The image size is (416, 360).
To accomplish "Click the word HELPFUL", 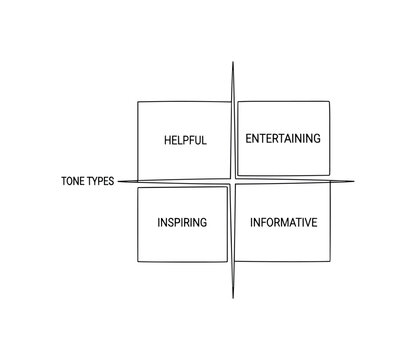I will point(185,140).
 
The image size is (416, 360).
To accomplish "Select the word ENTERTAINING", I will point(283,138).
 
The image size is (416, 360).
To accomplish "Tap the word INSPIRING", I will point(182,221).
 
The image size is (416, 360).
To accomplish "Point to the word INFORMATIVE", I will point(283,221).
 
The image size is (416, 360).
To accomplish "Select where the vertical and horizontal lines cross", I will point(233,181).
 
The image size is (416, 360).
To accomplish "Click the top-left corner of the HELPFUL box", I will point(138,101).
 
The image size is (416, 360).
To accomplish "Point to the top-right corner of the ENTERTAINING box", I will point(329,101).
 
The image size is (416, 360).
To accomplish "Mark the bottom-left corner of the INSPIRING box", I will point(138,261).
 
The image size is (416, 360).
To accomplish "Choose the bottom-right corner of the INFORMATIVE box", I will point(329,261).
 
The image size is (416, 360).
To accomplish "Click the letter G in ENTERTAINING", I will point(317,138).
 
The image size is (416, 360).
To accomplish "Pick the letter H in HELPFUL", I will point(167,140).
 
